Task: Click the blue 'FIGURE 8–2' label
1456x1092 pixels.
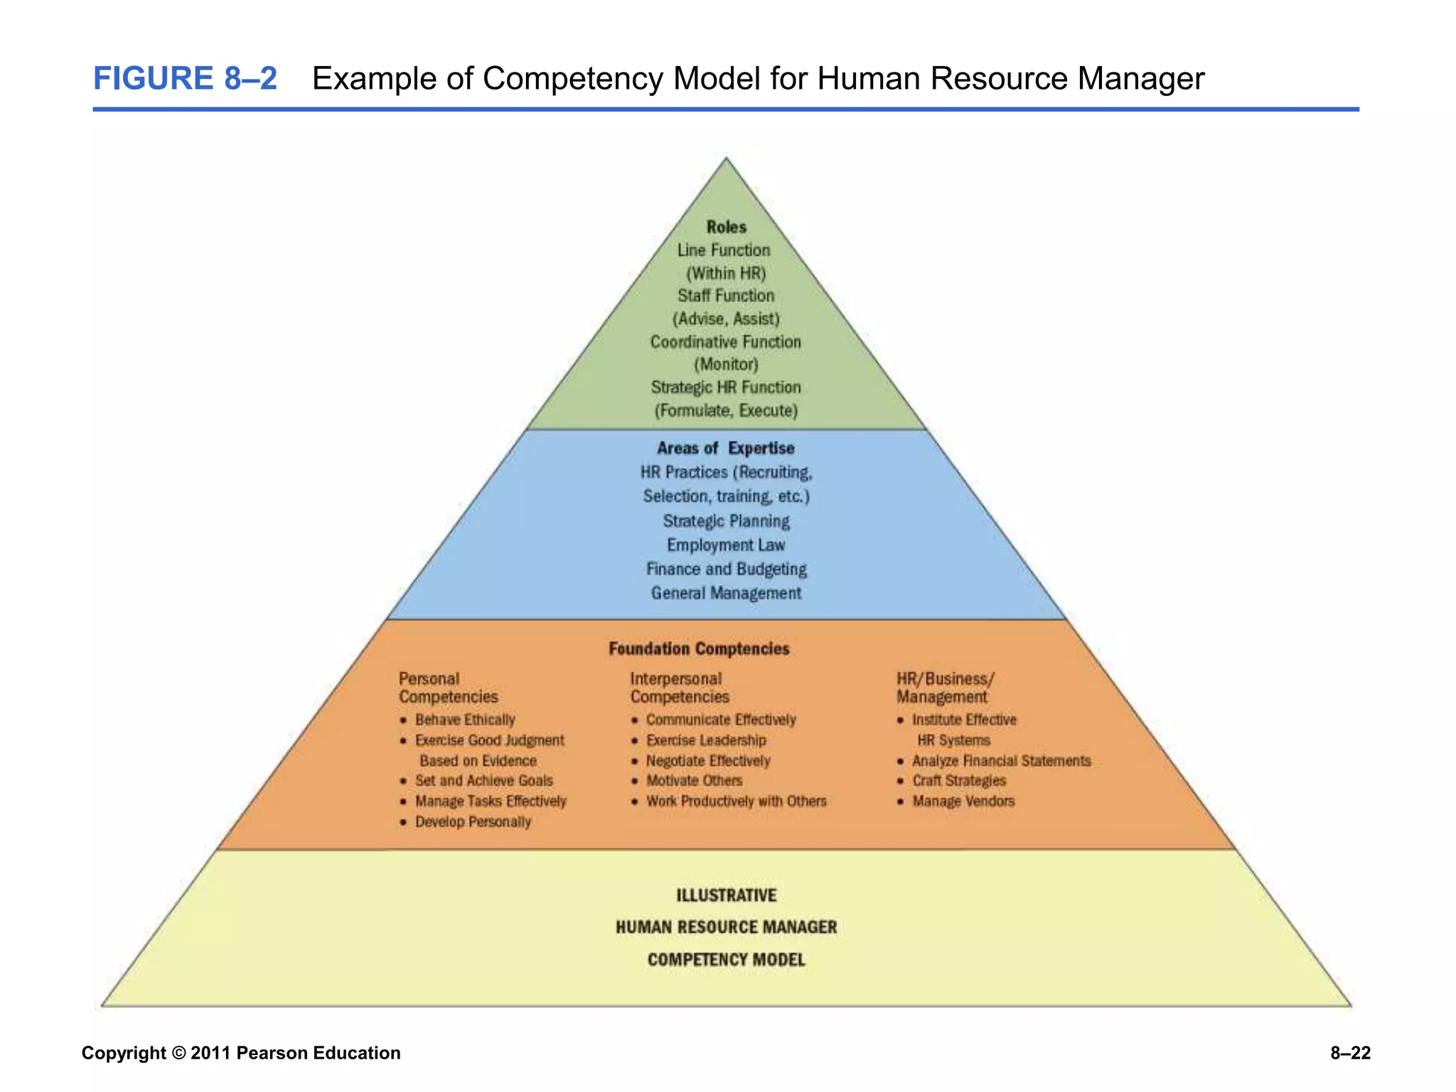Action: click(185, 78)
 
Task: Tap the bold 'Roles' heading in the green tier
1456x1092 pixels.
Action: click(726, 227)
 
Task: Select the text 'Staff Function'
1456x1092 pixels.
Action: click(726, 296)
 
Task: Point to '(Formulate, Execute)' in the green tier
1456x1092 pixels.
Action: click(726, 410)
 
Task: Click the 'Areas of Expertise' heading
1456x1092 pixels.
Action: click(726, 448)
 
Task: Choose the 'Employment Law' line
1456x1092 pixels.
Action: click(726, 545)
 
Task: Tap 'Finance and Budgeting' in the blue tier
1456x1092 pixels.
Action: click(726, 569)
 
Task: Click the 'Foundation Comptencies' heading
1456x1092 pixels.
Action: click(699, 648)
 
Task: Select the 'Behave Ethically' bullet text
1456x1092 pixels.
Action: click(465, 719)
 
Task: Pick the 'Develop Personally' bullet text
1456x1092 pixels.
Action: click(473, 822)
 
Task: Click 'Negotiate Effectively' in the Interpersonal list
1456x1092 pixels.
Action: click(708, 761)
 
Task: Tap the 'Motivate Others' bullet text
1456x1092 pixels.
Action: click(694, 781)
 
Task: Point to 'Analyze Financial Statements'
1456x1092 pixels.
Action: click(1001, 761)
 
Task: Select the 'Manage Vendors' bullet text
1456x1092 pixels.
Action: click(963, 801)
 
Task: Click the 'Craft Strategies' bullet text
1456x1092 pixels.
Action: click(959, 781)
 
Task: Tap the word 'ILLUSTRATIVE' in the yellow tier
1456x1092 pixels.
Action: click(726, 895)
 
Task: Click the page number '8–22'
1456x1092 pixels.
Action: click(1350, 1053)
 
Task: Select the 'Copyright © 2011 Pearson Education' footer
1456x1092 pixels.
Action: click(241, 1053)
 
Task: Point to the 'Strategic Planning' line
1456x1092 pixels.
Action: click(726, 521)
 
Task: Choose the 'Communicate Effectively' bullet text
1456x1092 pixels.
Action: click(721, 719)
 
